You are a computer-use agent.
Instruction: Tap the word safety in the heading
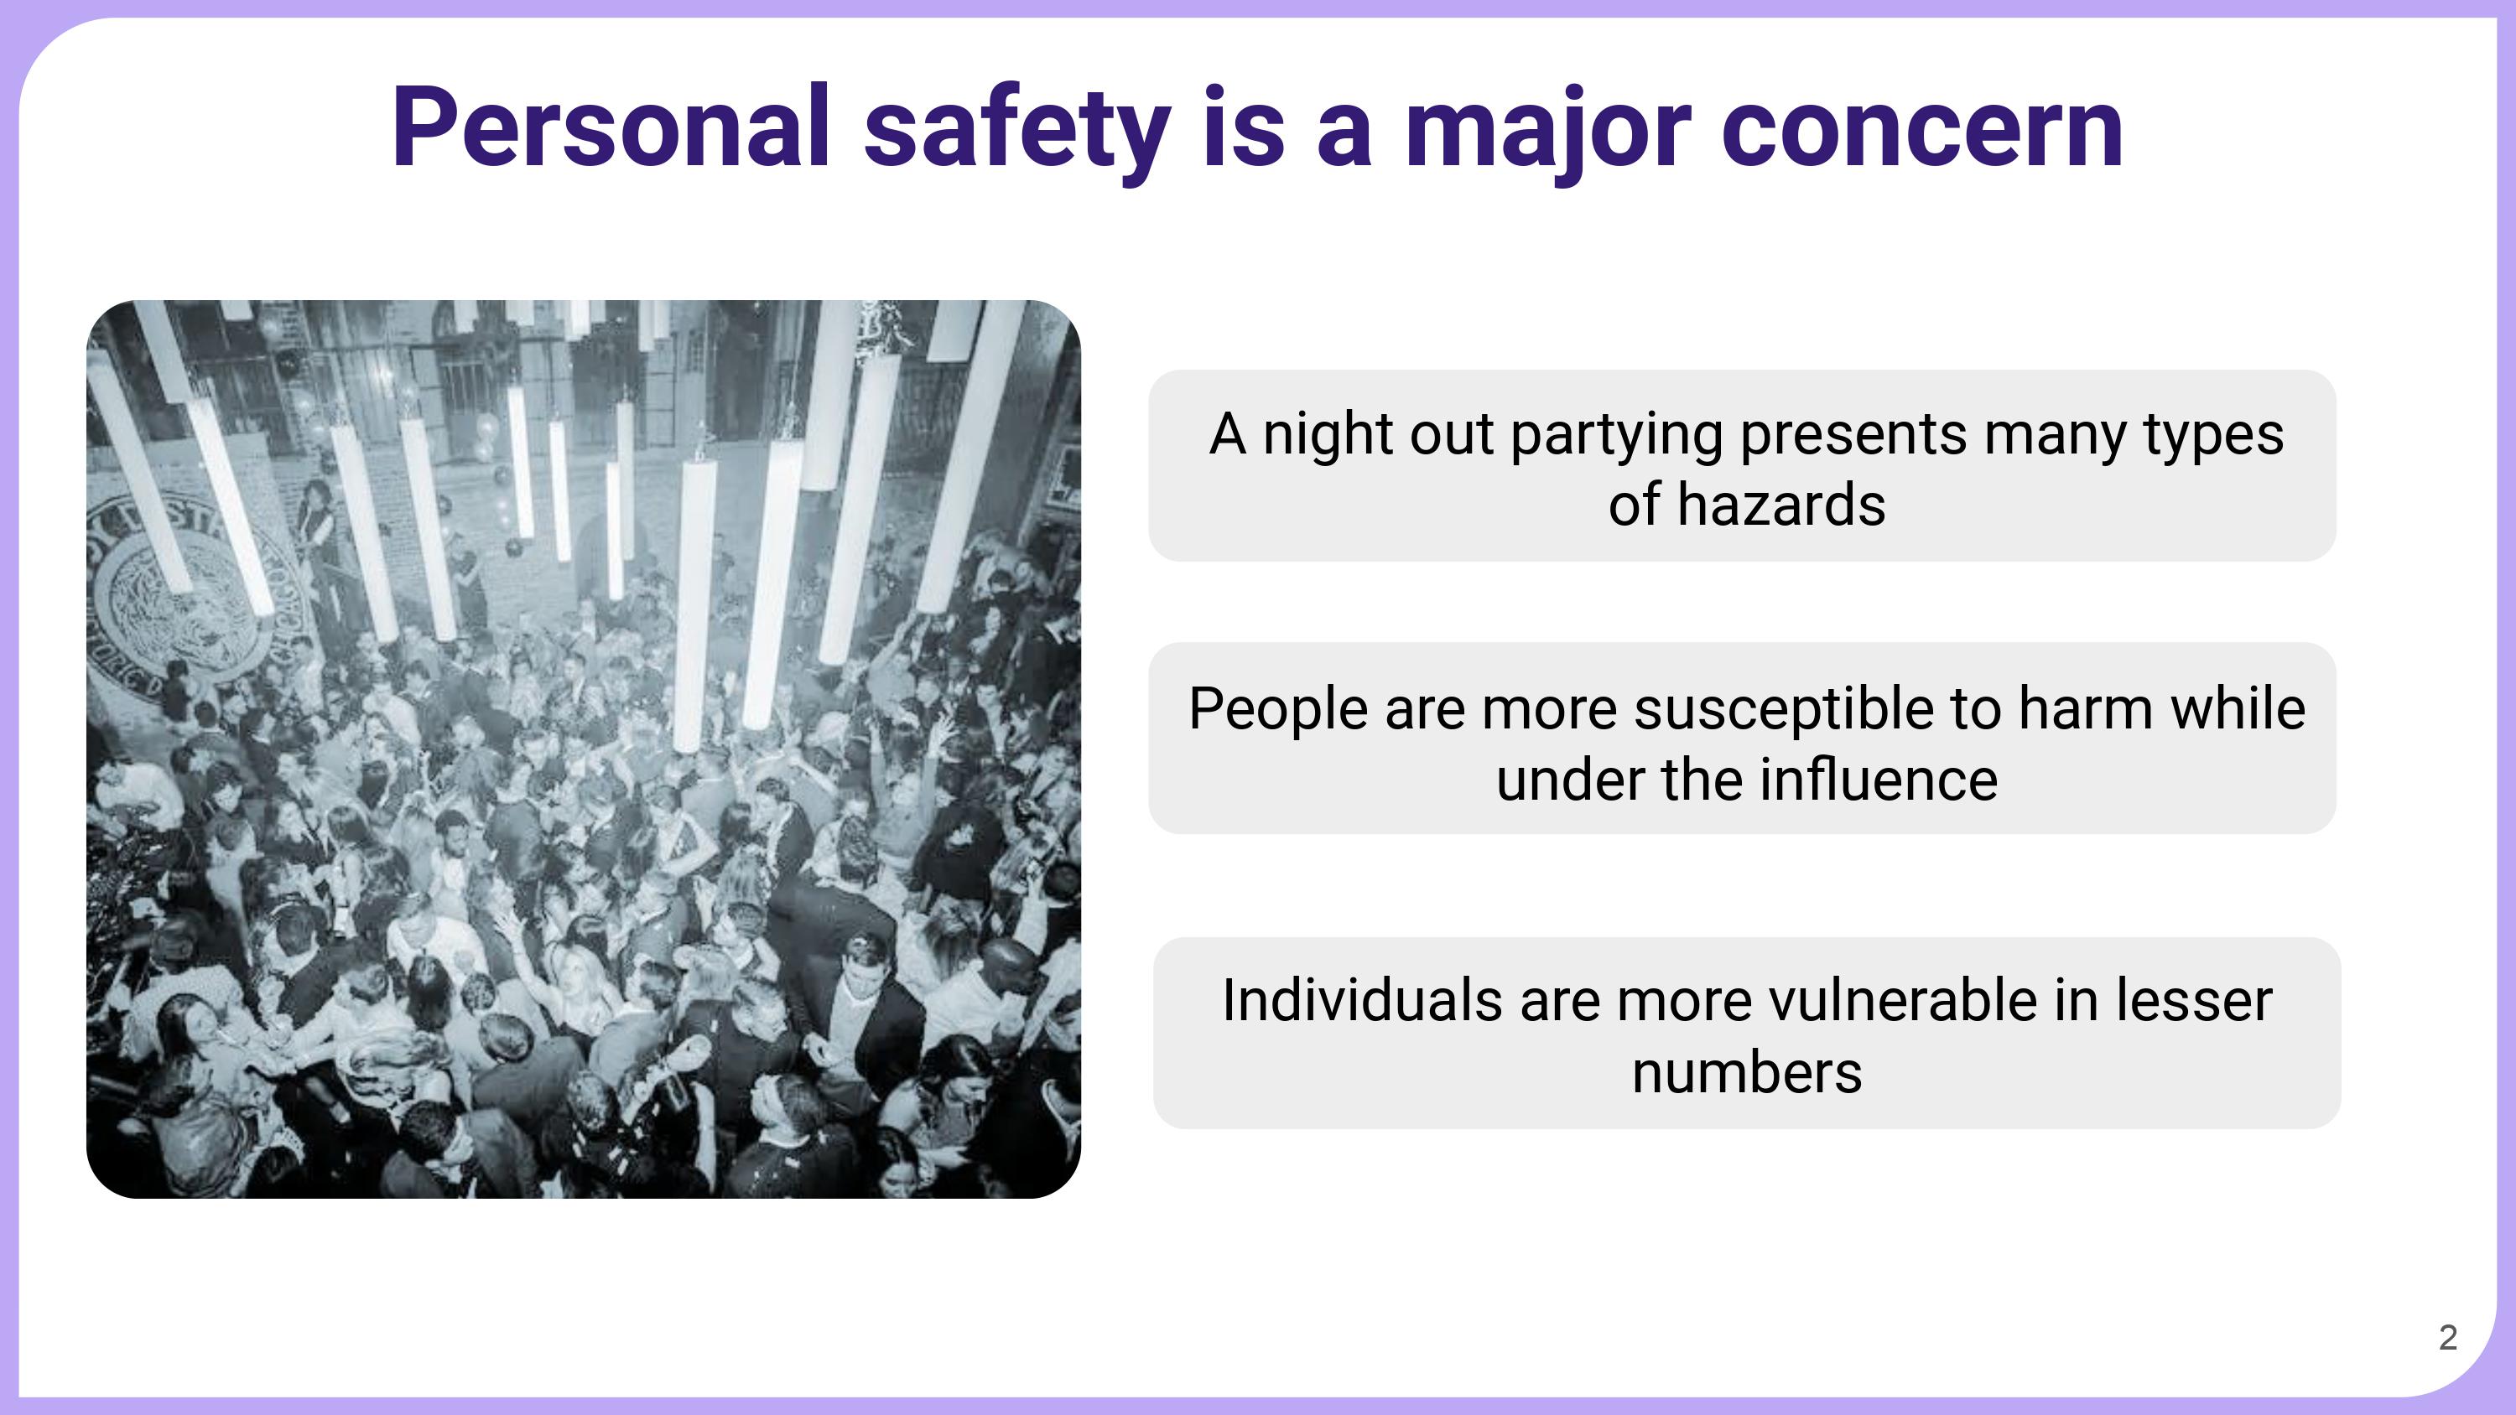1016,132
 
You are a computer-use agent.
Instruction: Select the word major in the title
1548,132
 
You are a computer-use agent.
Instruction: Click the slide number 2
2447,1337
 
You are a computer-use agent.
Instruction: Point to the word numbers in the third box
1747,1073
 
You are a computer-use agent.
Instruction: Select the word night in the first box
1328,437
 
